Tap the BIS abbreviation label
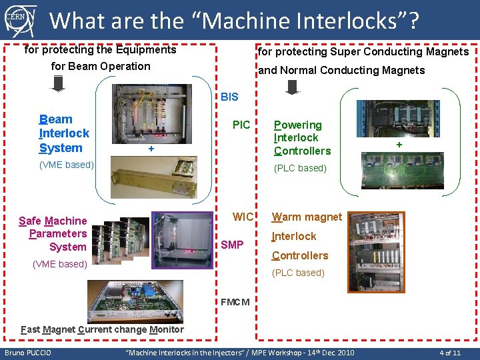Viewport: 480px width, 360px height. pos(229,97)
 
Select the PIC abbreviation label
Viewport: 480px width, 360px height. pos(241,125)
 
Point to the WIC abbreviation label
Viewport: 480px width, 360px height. pos(243,217)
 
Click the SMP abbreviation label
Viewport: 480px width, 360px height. pos(232,245)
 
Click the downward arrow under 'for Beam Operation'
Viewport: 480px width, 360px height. pos(58,82)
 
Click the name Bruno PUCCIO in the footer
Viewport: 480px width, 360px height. pos(29,352)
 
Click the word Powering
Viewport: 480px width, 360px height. pos(298,125)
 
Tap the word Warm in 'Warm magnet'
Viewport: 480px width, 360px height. pos(287,217)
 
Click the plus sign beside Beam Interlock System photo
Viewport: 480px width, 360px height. pos(151,149)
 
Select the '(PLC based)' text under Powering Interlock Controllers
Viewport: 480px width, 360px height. pos(301,168)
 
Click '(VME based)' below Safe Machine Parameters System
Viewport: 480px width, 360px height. pos(60,264)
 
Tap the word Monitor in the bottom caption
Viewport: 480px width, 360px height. pos(167,329)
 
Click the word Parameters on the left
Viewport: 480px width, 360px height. pos(58,233)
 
